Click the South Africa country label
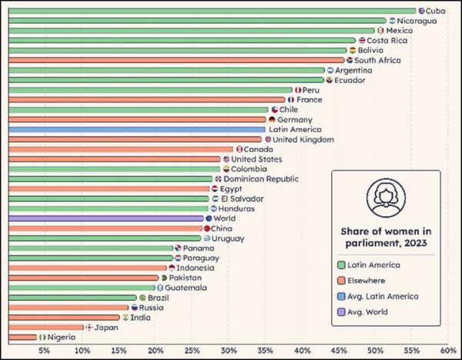(x=377, y=60)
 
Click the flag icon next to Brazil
(x=142, y=298)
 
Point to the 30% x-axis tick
(x=228, y=350)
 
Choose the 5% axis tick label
(x=45, y=350)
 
